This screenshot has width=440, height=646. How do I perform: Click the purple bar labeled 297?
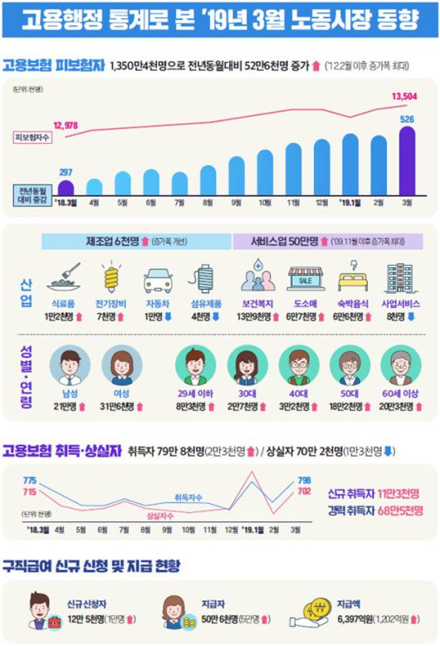66,187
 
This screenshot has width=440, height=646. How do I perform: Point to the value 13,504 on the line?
403,97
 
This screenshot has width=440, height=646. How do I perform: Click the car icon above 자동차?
157,280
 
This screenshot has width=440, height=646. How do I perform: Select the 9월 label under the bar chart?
237,202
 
